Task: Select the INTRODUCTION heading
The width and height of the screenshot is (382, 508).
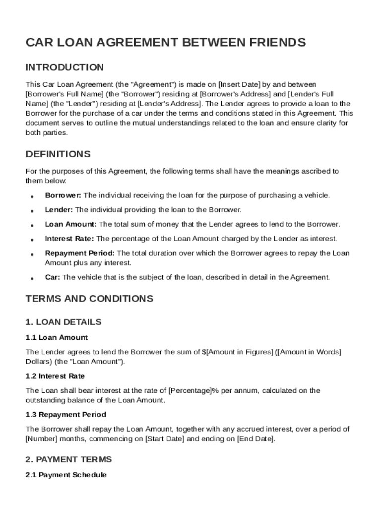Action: point(64,67)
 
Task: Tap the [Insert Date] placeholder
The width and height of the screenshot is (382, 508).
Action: point(240,84)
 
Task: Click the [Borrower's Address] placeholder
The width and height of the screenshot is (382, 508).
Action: point(235,94)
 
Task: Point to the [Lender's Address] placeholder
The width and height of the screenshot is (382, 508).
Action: point(169,104)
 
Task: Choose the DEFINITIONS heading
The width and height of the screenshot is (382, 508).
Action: point(58,154)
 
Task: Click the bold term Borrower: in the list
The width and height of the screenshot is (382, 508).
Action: point(63,195)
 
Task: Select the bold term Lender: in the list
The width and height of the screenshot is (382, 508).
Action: point(59,210)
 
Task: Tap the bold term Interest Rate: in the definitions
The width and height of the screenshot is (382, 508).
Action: point(70,239)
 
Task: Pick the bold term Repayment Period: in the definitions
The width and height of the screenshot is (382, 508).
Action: point(79,253)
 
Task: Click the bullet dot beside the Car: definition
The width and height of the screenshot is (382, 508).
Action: point(32,278)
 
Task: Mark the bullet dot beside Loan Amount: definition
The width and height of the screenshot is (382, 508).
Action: point(32,225)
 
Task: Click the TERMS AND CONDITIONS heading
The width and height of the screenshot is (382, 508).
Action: point(89,299)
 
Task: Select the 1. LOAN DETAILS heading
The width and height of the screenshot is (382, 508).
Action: point(64,322)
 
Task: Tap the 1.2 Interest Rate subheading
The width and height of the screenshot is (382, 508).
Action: point(55,376)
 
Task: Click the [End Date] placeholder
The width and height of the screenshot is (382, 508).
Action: point(255,439)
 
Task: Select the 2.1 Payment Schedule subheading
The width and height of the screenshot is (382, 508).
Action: point(66,475)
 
